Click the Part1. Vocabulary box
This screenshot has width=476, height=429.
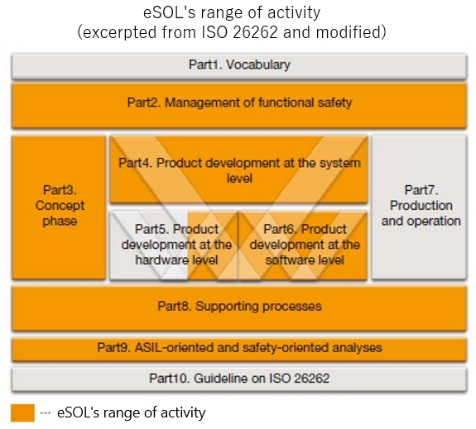click(239, 66)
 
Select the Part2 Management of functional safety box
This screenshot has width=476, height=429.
click(239, 105)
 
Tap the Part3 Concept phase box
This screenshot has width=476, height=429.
click(59, 207)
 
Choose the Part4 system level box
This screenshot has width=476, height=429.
click(238, 169)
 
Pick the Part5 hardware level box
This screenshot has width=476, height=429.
click(174, 245)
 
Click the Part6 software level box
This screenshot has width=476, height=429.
click(303, 245)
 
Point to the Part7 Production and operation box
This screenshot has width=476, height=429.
click(419, 207)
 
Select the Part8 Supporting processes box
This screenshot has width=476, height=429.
click(239, 308)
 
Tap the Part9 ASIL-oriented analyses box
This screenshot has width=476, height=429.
click(239, 350)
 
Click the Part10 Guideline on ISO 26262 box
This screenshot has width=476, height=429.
click(239, 379)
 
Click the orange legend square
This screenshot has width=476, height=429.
click(22, 412)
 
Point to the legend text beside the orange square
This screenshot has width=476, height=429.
click(131, 412)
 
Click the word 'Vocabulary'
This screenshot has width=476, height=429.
click(258, 64)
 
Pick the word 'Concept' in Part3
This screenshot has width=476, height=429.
click(60, 206)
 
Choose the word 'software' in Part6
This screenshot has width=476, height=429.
click(285, 260)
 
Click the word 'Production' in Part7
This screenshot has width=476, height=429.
click(421, 206)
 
